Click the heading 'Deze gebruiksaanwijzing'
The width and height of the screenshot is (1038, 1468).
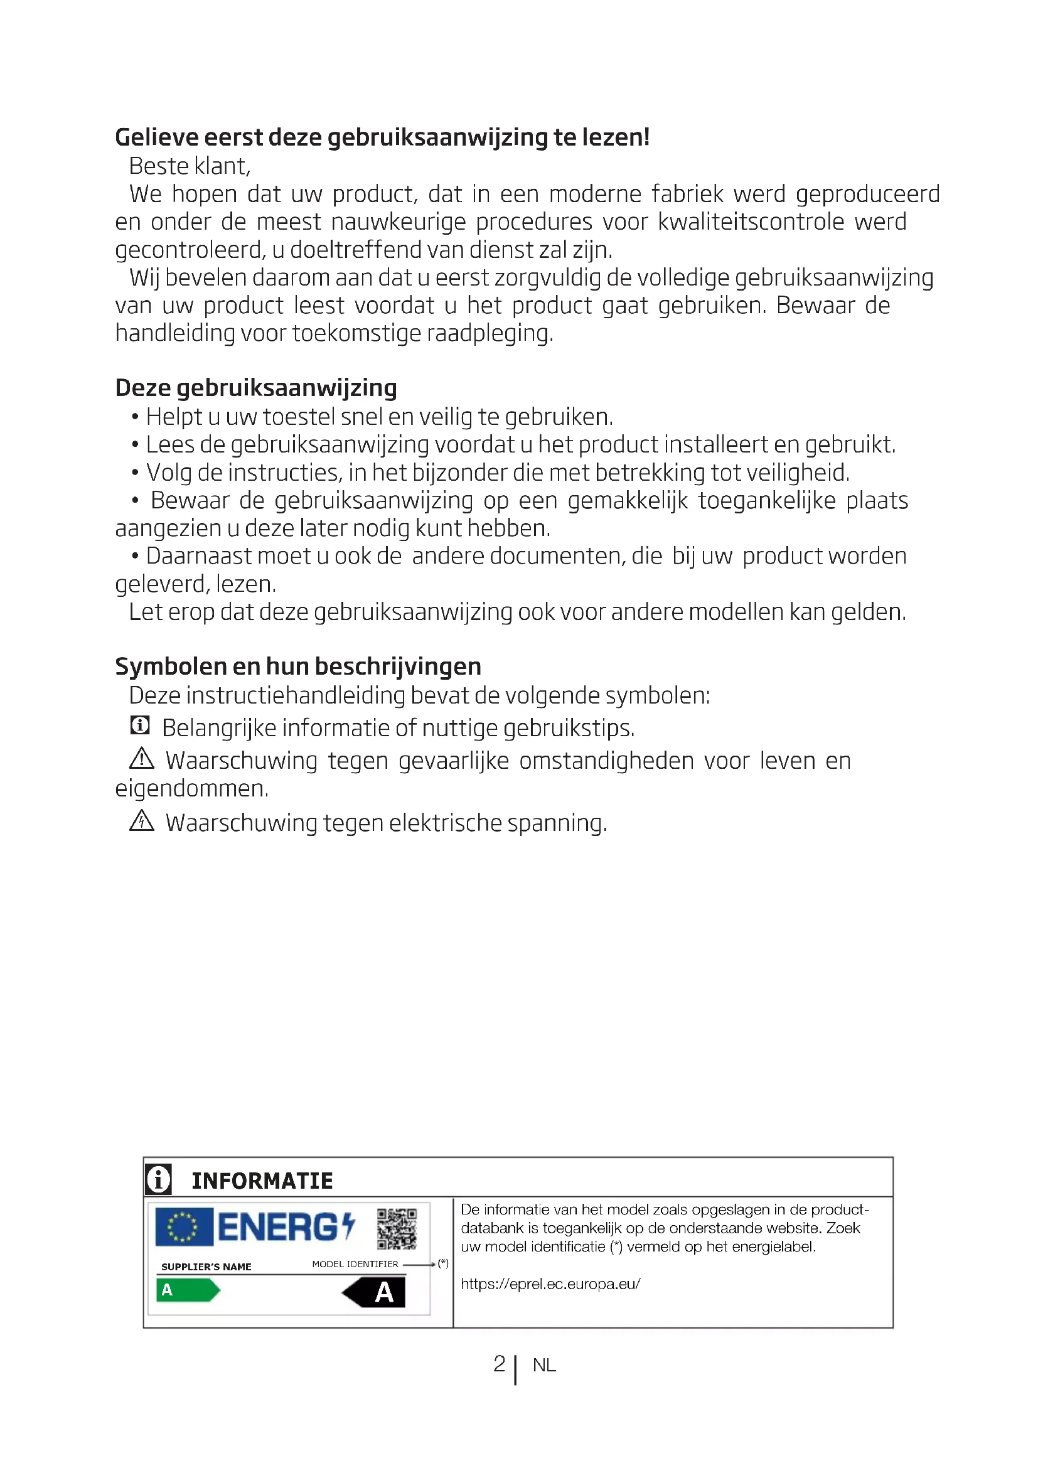(255, 388)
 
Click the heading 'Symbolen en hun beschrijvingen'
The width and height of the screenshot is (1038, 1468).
(298, 667)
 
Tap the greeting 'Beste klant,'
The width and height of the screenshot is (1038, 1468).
(190, 166)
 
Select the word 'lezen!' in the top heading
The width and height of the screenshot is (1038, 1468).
(616, 137)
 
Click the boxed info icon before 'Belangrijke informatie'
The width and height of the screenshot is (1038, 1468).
(140, 726)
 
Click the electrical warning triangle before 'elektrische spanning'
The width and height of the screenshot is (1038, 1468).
(142, 820)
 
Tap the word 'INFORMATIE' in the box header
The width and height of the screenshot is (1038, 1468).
(262, 1181)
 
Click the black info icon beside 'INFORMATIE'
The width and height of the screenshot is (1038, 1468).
(159, 1179)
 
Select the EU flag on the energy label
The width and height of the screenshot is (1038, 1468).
(184, 1227)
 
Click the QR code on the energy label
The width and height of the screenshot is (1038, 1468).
(396, 1228)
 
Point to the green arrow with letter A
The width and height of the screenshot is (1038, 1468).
(187, 1290)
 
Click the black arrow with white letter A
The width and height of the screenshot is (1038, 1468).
(375, 1292)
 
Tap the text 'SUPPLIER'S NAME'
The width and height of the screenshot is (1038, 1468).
(206, 1267)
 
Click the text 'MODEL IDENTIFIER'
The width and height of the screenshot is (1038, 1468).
(355, 1264)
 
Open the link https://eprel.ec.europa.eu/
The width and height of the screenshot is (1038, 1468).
(550, 1284)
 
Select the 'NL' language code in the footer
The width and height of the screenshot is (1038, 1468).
(544, 1365)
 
